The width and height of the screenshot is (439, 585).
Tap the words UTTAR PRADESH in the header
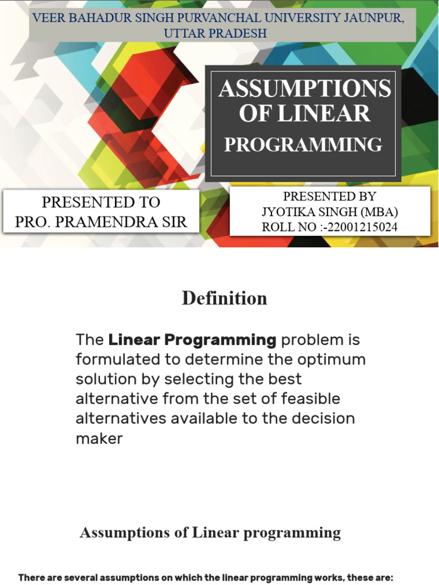point(215,33)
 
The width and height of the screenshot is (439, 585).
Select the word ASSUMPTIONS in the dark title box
point(304,89)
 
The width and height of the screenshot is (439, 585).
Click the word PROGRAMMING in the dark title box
point(303,145)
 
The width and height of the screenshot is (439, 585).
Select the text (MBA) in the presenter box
point(377,212)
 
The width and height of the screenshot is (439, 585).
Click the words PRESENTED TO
point(101,202)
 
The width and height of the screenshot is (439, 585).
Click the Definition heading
point(224,298)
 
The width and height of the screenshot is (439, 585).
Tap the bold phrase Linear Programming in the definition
point(193,340)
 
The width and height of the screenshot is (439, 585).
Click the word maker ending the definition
point(99,438)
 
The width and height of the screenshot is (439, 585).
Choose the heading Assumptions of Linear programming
point(210,533)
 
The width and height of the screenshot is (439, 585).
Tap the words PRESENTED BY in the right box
point(329,197)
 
